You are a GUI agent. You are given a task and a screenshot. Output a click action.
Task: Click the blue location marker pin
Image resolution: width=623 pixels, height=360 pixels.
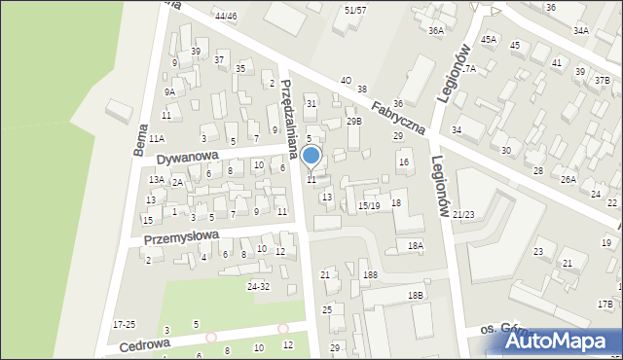click(311, 156)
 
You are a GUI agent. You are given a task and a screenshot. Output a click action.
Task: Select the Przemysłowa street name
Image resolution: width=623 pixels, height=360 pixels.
click(182, 237)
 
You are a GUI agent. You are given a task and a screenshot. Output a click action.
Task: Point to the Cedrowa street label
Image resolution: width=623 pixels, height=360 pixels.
click(145, 344)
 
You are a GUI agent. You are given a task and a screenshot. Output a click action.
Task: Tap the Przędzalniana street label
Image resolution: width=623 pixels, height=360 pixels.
click(286, 110)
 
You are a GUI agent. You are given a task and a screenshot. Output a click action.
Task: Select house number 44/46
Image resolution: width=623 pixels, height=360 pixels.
click(226, 17)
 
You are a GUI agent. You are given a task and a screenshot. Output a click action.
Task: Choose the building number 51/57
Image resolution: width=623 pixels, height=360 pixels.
click(355, 9)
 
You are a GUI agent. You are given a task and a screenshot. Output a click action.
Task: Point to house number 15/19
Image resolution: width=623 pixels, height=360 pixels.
click(368, 205)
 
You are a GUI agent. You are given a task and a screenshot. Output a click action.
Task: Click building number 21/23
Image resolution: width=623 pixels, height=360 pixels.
click(463, 214)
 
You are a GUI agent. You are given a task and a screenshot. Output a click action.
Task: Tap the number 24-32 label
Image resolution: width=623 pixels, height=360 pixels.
click(258, 286)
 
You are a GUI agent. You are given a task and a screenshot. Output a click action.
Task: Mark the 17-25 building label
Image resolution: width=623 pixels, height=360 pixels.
click(125, 324)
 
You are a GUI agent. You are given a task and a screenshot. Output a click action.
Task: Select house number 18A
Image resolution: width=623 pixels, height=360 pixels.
click(416, 246)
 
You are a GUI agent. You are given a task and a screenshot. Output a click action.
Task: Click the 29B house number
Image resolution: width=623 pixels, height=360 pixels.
click(354, 122)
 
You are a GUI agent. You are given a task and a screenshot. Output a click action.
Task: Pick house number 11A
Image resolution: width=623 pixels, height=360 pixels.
click(157, 139)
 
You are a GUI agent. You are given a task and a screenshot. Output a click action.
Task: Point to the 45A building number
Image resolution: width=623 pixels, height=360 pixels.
click(488, 39)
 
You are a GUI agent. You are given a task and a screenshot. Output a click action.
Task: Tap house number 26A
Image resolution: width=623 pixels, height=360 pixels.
click(568, 180)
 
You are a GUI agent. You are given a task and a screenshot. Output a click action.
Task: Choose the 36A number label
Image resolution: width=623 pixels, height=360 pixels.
click(436, 31)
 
